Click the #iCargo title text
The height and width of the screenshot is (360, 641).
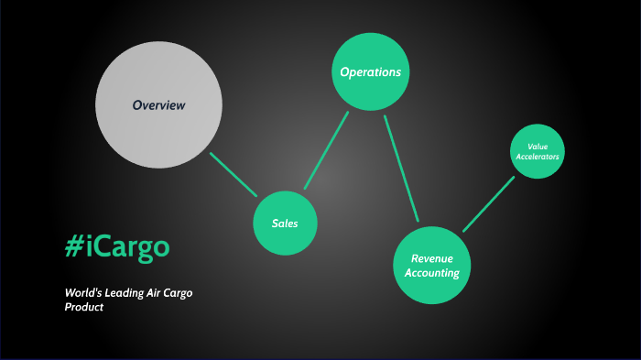[x=116, y=246]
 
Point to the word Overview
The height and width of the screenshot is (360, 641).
[x=158, y=105]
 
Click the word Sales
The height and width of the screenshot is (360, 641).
[x=285, y=224]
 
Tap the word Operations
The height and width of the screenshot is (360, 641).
[x=370, y=71]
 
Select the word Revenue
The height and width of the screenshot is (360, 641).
[x=433, y=258]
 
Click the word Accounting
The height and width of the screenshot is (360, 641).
[x=434, y=273]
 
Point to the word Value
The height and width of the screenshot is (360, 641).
[x=537, y=147]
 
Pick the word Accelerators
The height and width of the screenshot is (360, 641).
[x=537, y=157]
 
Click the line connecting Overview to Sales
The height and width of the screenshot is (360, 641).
[x=234, y=174]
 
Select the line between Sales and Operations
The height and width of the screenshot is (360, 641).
[x=327, y=149]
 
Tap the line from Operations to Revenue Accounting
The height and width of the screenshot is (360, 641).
[x=401, y=168]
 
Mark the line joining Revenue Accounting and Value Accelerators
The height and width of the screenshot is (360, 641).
[x=488, y=203]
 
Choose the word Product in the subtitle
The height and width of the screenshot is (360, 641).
[x=84, y=307]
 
